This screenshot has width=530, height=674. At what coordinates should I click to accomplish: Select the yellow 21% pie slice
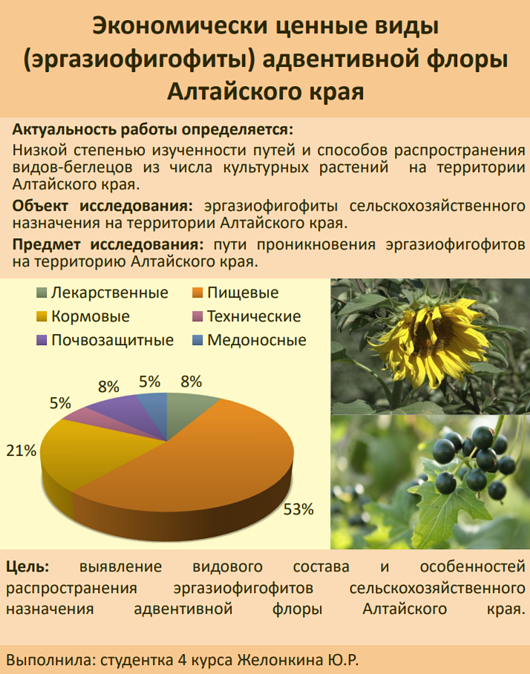[86, 451]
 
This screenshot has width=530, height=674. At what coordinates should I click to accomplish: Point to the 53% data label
[298, 509]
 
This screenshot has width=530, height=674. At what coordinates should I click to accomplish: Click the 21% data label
[21, 451]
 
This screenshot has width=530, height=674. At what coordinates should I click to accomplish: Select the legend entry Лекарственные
[102, 292]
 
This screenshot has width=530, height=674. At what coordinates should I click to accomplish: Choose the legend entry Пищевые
[235, 292]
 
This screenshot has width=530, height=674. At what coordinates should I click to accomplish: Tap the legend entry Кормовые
[83, 316]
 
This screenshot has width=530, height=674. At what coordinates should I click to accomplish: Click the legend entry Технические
[246, 316]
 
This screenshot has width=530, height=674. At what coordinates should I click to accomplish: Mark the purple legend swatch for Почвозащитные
[42, 341]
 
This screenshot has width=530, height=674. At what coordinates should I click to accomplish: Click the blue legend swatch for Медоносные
[197, 341]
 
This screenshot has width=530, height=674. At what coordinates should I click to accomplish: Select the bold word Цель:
[27, 567]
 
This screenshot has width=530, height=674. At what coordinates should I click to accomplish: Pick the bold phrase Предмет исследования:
[108, 244]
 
